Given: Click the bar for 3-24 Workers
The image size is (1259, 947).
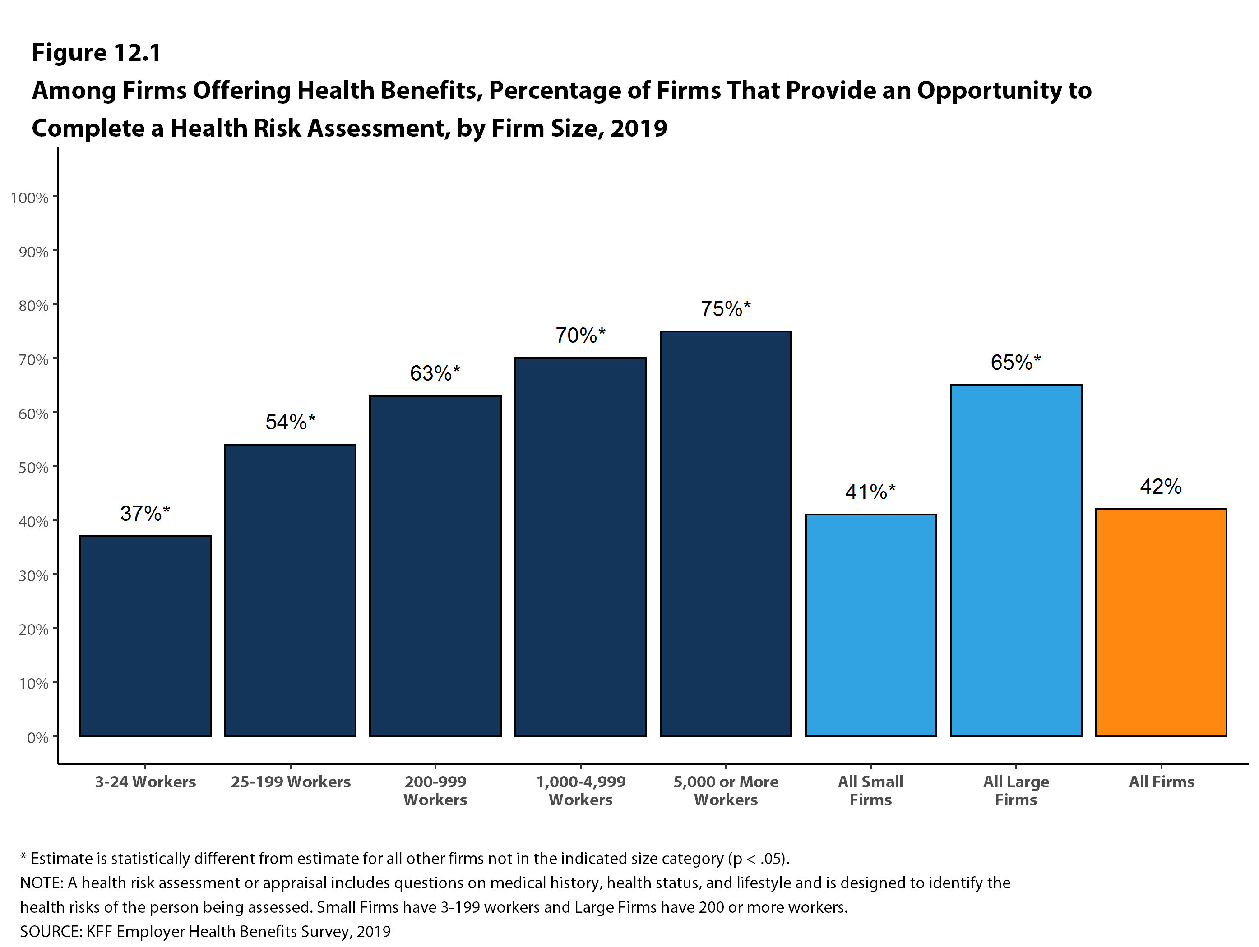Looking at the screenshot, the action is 145,636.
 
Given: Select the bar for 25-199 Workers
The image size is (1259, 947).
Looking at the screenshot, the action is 290,590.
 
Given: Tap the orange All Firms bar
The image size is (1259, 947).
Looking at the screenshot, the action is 1161,623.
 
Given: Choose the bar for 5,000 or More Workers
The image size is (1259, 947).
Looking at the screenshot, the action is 726,533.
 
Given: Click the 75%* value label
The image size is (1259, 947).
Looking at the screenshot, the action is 726,309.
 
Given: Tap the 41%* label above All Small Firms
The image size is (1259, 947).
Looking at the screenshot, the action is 871,492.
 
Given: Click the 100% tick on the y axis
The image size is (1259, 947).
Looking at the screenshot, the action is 30,198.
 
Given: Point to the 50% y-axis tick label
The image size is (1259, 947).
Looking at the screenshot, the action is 33,468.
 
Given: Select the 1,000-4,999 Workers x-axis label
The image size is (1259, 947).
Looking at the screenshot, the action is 581,791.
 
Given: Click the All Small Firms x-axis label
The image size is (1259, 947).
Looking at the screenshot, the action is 871,791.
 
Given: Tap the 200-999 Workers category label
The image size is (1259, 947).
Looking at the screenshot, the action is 435,791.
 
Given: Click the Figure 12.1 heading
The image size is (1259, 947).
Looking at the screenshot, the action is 97,53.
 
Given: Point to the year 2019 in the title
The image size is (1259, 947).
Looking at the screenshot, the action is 639,128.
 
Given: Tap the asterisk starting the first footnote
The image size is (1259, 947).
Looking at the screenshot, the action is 23,856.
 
